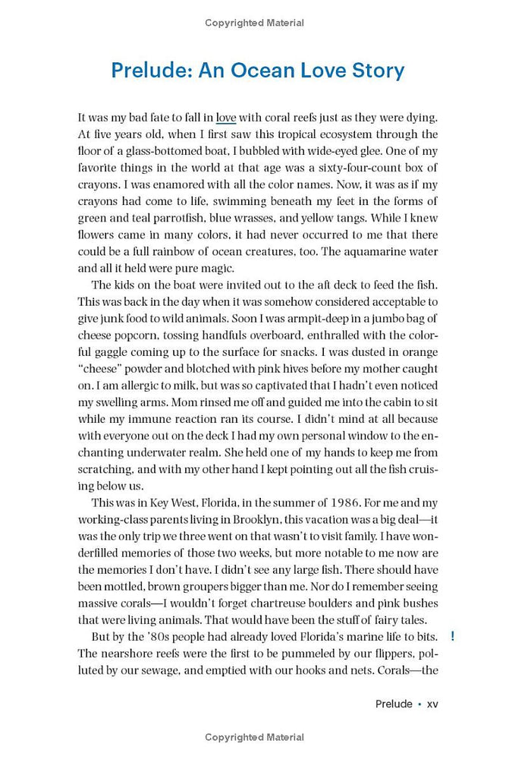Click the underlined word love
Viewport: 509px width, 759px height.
point(226,118)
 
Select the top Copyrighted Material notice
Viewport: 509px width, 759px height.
point(254,23)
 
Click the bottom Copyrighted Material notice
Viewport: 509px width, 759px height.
point(254,737)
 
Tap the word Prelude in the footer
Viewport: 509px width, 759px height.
point(394,704)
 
